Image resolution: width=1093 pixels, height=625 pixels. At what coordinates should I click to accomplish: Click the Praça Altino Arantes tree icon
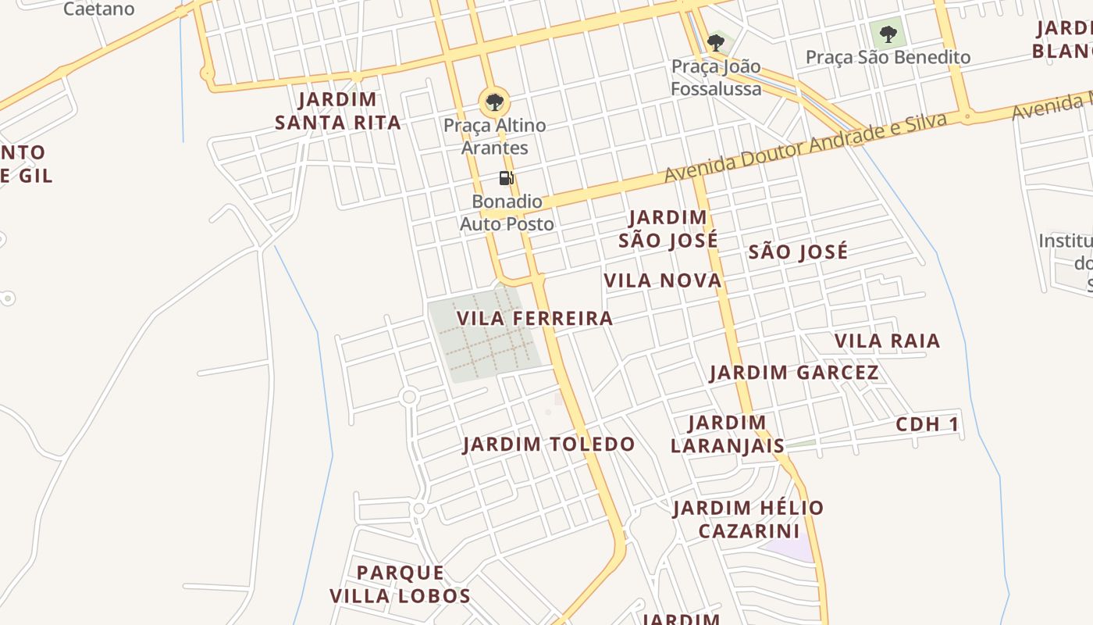click(x=494, y=102)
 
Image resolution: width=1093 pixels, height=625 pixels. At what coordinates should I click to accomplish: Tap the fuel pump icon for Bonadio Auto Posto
click(x=507, y=178)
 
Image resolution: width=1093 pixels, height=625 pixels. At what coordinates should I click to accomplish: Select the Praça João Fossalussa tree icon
click(x=715, y=42)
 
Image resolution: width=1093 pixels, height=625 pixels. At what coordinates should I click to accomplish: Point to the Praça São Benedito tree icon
click(x=888, y=34)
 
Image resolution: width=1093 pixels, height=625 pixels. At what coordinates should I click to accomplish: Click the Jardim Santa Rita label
click(x=338, y=111)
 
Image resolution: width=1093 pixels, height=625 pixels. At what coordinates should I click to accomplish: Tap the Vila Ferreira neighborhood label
click(x=535, y=319)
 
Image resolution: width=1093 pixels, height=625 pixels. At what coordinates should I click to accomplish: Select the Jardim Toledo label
click(x=549, y=445)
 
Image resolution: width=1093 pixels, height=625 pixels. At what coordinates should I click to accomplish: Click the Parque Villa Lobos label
click(x=400, y=584)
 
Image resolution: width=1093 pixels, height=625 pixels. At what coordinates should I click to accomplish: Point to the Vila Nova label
click(x=663, y=280)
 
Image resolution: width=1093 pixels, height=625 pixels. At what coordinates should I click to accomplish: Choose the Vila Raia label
click(x=887, y=341)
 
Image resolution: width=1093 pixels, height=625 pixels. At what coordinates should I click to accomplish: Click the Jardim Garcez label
click(x=794, y=373)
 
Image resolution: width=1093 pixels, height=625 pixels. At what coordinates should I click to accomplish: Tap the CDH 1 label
click(x=927, y=425)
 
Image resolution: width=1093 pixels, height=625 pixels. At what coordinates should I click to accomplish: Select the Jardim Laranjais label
click(x=727, y=434)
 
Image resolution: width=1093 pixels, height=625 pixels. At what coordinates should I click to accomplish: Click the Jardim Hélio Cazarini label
click(x=749, y=520)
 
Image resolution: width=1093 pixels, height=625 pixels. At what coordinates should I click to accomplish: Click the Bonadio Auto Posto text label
click(x=507, y=212)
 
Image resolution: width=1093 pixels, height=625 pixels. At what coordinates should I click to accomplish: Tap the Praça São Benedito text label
click(x=888, y=57)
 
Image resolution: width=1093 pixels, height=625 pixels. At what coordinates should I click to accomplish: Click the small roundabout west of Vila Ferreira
click(x=408, y=397)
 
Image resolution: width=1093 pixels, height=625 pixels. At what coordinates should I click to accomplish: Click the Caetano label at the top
click(x=98, y=9)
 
